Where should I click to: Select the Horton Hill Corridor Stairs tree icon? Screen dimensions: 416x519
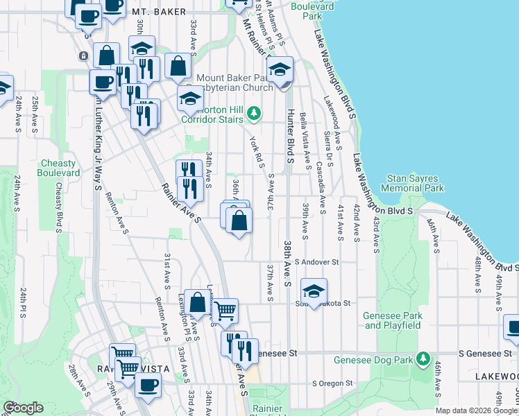[x=255, y=112]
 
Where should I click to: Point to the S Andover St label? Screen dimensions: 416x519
[x=316, y=262]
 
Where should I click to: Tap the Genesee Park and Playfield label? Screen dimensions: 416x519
[x=393, y=320]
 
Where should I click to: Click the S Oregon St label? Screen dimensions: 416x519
[x=332, y=383]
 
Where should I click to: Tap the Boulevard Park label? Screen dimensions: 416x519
[x=312, y=10]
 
